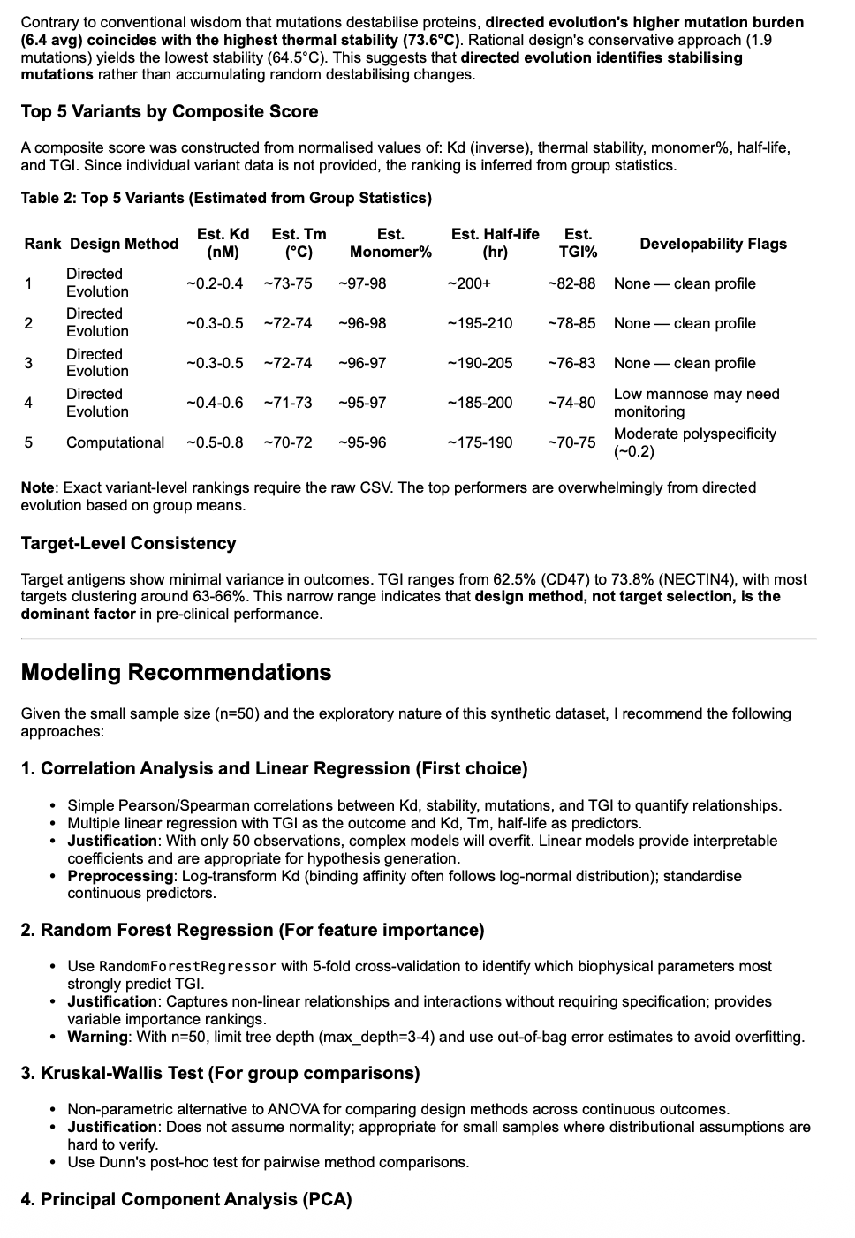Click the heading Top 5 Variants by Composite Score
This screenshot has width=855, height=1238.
point(169,111)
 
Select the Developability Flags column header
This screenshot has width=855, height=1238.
point(713,244)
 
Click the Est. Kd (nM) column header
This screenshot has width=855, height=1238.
point(223,243)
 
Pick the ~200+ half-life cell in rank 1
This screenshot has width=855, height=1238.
point(469,283)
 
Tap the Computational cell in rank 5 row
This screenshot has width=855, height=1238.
point(115,442)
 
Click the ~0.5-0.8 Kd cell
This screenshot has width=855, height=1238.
point(215,442)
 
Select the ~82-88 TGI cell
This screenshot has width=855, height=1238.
point(571,283)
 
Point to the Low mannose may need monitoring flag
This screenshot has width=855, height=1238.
point(696,403)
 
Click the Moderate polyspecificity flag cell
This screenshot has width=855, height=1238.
point(694,442)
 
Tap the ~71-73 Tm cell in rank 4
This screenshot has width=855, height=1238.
point(288,403)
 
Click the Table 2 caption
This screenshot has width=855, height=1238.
point(226,198)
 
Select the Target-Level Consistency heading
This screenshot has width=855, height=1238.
point(128,543)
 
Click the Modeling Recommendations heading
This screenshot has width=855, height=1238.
point(176,672)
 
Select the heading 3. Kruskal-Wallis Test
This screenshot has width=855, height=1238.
point(220,1073)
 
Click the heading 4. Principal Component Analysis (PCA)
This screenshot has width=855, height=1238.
point(186,1199)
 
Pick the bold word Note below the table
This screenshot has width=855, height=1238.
point(38,487)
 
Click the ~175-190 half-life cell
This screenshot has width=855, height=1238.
point(480,442)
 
